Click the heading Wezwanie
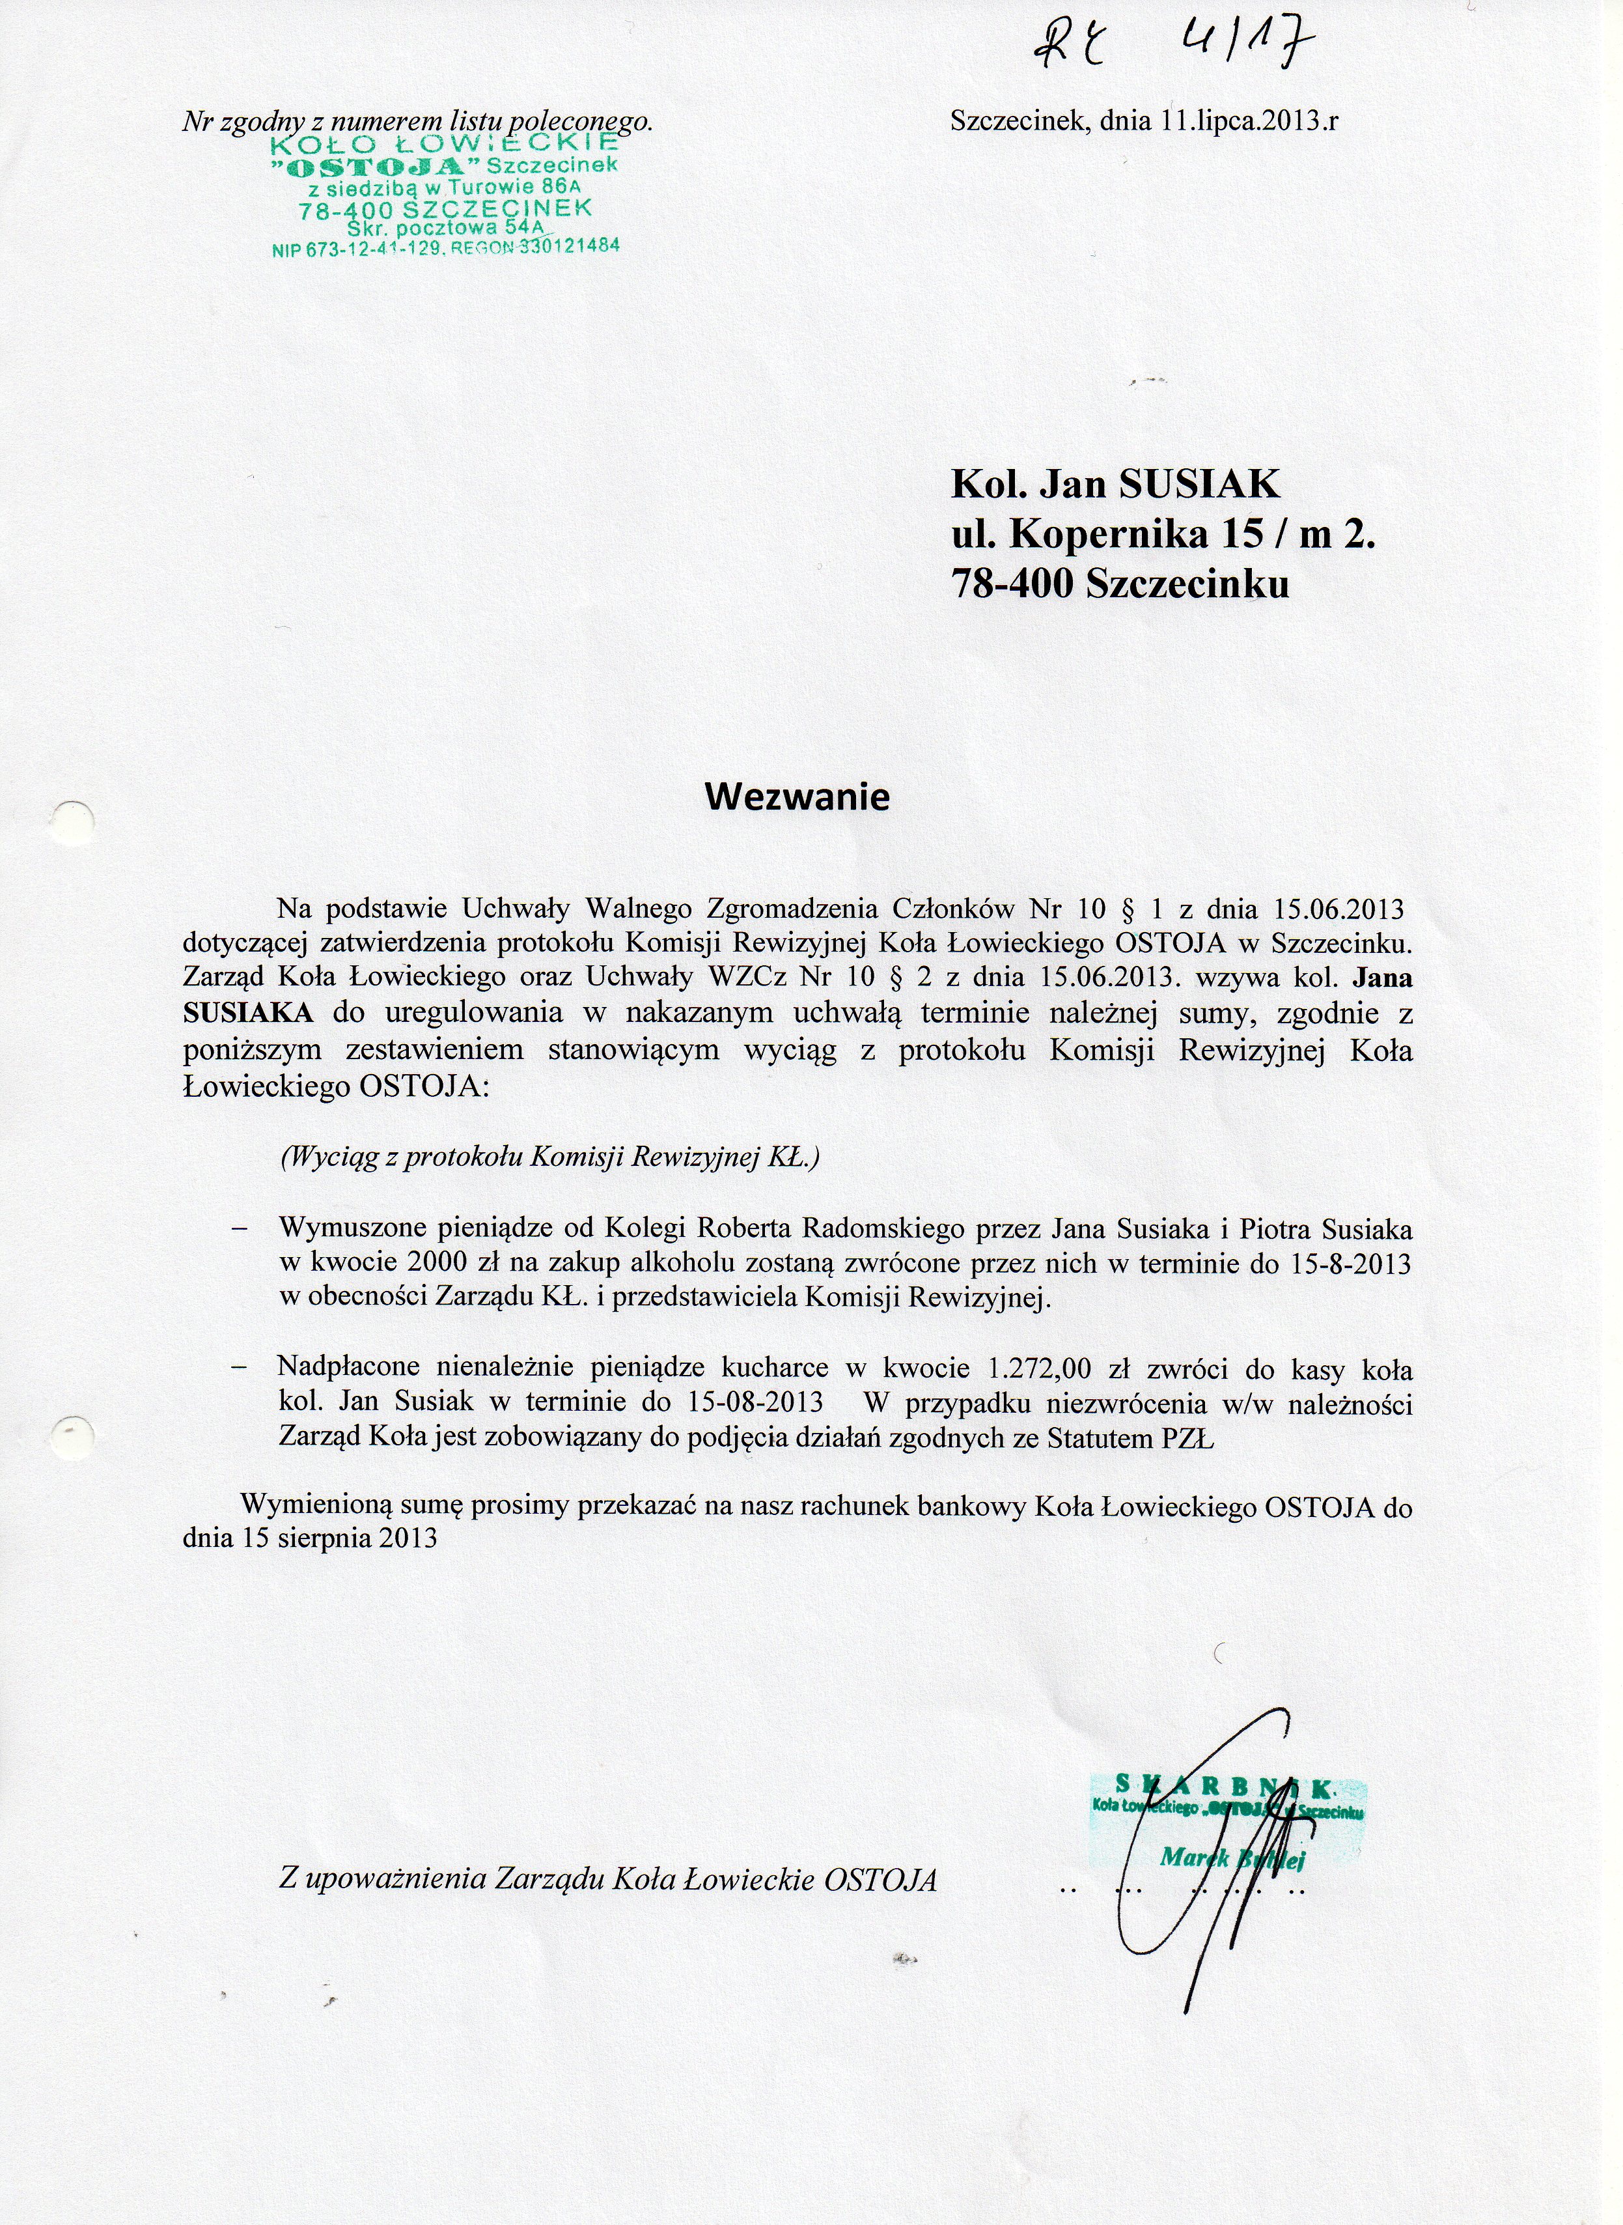[797, 796]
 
